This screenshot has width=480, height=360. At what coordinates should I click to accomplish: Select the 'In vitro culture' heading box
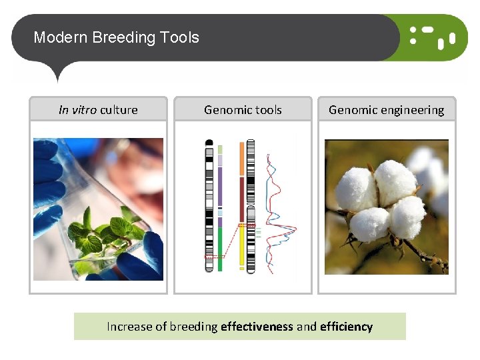point(98,109)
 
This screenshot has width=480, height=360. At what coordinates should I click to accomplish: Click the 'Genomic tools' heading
point(243,109)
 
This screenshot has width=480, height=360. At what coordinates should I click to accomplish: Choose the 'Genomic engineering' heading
point(386,109)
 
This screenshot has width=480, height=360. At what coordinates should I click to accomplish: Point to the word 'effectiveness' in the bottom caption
point(257,327)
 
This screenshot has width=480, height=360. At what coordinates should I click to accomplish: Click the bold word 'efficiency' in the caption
point(346,327)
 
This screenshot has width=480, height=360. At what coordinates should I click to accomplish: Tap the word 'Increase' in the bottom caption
point(129,327)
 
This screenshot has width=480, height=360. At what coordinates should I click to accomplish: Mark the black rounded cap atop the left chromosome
point(209,142)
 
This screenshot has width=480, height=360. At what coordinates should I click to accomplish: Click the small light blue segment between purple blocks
point(219,213)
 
